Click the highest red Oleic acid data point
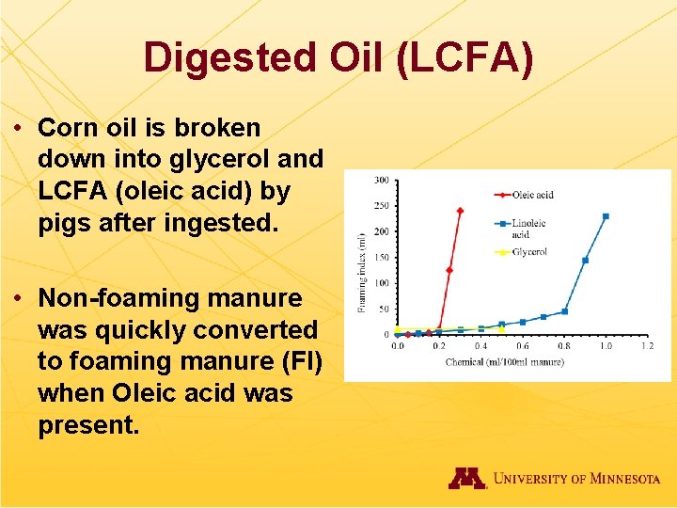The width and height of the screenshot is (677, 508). click(460, 211)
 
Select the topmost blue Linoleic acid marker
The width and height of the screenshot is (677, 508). click(606, 216)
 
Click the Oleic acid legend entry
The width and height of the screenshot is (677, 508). click(531, 195)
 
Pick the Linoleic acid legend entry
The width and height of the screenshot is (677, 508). click(528, 229)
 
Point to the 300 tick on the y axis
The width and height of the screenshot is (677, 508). click(383, 180)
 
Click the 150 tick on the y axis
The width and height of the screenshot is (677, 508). click(383, 257)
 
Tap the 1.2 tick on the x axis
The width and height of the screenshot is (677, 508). click(647, 346)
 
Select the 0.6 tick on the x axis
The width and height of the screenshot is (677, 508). click(522, 346)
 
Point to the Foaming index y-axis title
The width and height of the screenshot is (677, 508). click(361, 273)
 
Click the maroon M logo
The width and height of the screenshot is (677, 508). click(466, 478)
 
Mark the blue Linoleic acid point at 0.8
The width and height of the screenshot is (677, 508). click(564, 311)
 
